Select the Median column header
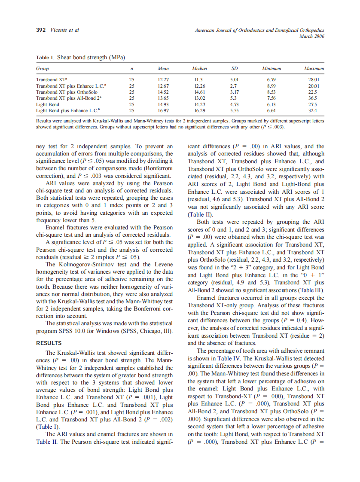(x=199, y=68)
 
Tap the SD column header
(x=235, y=68)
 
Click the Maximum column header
(x=314, y=68)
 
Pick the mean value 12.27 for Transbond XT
(x=164, y=79)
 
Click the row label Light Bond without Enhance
(x=48, y=104)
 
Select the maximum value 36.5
(x=314, y=98)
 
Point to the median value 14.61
(x=199, y=92)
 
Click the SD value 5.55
(x=235, y=110)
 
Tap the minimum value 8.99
(x=271, y=86)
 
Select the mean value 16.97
(x=164, y=110)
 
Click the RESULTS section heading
(x=49, y=343)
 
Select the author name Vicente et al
(x=65, y=30)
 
